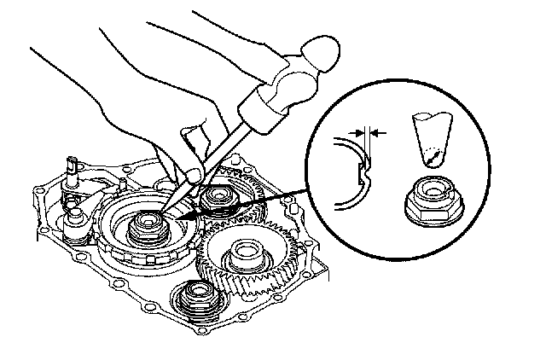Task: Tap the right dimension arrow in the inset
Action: (378, 133)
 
